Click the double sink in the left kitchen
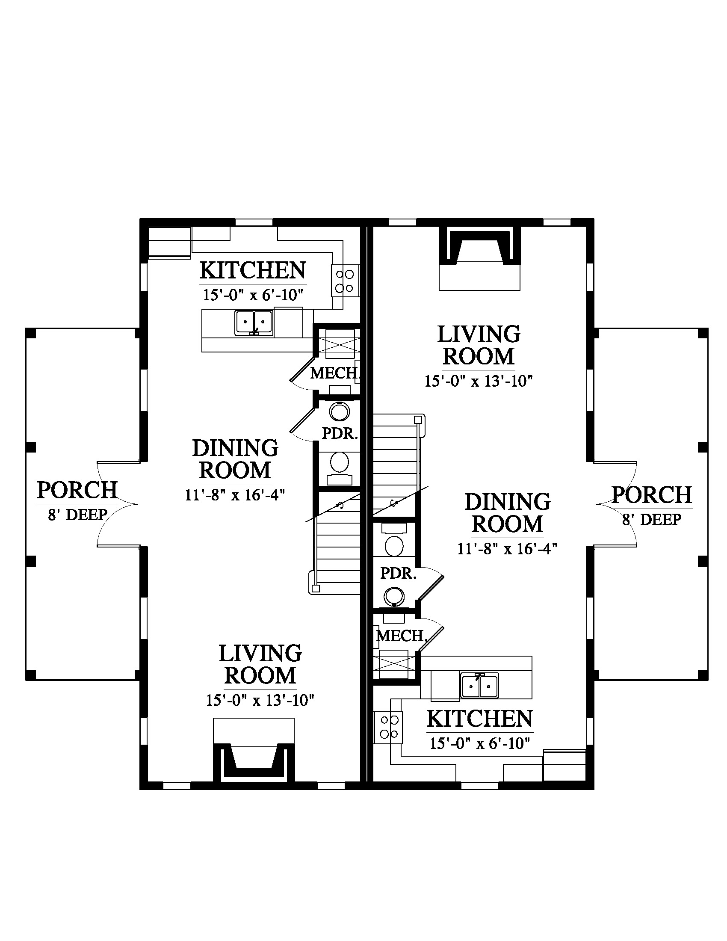point(254,323)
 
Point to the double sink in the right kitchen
point(479,685)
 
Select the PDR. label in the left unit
point(340,433)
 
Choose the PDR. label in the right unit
point(399,573)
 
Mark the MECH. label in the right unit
point(402,636)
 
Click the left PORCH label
point(77,490)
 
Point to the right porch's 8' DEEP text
point(652,520)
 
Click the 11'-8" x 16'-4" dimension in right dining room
point(507,548)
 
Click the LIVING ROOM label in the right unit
point(479,346)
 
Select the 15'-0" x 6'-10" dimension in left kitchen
point(253,295)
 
